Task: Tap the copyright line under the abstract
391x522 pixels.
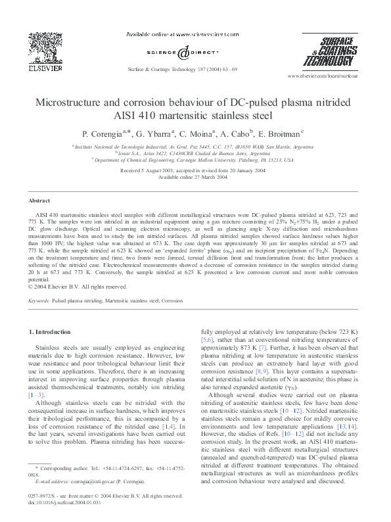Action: click(78, 287)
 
